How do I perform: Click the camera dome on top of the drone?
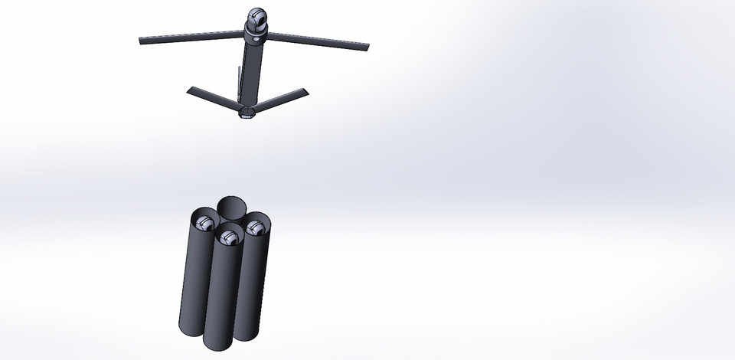[257, 18]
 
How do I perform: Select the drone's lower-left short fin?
[211, 97]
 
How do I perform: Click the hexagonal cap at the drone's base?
[247, 113]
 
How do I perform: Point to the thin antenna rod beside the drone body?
[239, 81]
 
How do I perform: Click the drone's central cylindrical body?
[251, 73]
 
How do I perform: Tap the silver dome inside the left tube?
[204, 223]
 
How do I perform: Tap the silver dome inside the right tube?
[256, 227]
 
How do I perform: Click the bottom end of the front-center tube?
[217, 346]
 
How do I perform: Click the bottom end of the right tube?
[247, 335]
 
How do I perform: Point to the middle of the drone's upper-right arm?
[318, 41]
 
